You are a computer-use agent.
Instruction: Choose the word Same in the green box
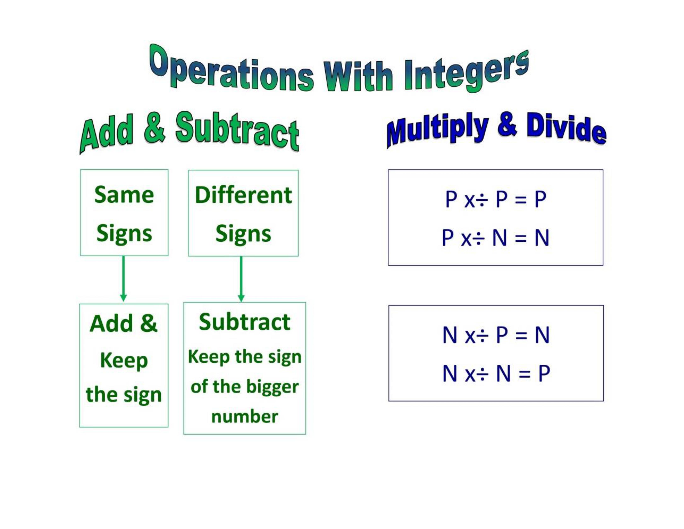click(124, 195)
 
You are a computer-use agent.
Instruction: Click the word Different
click(243, 195)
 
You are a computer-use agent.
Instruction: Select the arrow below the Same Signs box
click(123, 279)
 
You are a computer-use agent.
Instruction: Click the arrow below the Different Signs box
click(241, 279)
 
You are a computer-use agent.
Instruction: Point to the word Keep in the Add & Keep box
click(124, 360)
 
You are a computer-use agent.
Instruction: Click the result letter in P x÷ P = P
click(540, 199)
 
